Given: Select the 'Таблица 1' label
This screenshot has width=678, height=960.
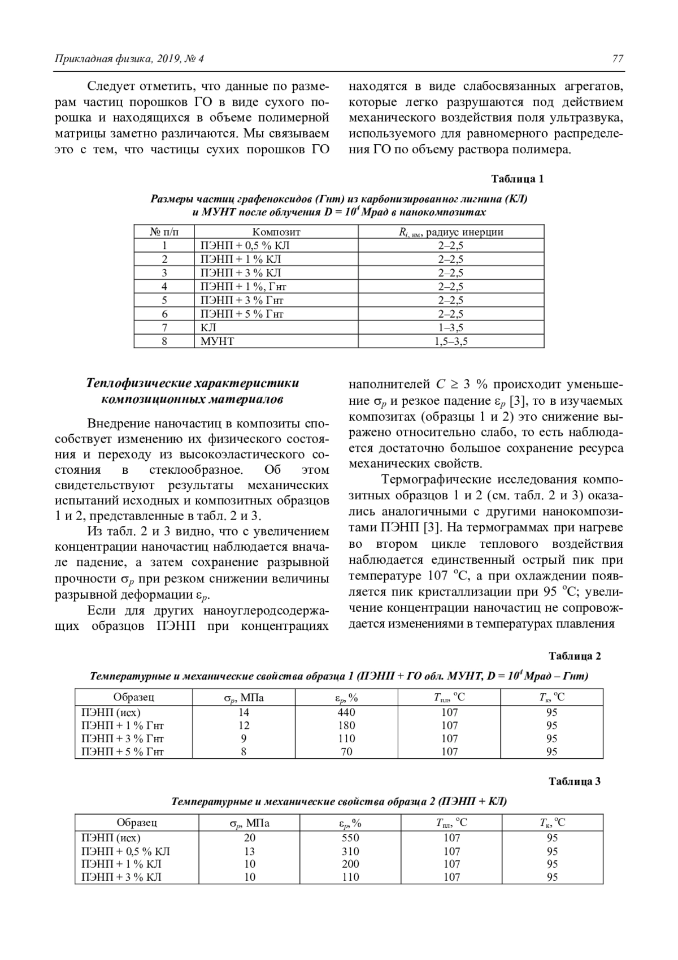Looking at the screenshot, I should pos(517,179).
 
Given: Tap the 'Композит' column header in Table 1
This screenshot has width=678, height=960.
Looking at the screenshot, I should pos(276,232).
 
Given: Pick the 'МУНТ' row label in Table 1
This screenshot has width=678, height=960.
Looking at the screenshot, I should pos(217,341).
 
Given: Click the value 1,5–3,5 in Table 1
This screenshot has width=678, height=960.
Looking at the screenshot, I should pos(451,341).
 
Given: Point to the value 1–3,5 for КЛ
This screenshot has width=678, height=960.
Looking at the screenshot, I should pos(451,327).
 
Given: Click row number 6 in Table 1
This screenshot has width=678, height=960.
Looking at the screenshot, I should pos(164,314).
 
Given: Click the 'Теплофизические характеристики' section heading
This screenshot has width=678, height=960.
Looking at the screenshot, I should pos(193,383).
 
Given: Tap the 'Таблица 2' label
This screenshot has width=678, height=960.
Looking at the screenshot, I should pos(575,656).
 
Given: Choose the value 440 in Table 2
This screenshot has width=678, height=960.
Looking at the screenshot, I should pos(346,712).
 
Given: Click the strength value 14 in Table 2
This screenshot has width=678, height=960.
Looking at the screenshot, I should pos(244,712).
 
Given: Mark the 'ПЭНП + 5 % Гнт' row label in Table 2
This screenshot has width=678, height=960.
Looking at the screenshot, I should pos(123,751).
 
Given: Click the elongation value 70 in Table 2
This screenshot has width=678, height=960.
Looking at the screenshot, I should pos(346,751).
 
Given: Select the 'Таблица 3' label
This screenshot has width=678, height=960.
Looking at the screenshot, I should pos(575,782).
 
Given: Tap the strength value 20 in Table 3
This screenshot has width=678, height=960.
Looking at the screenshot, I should pos(249,838).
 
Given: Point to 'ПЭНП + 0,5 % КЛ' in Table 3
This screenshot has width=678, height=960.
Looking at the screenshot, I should pos(126,851).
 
